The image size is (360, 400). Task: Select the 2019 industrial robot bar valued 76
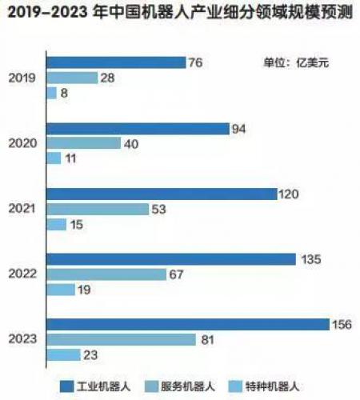click(115, 62)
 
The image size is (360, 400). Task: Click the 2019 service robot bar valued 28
click(72, 78)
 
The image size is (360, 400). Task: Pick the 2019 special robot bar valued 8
click(52, 93)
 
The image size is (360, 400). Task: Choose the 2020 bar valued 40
click(83, 143)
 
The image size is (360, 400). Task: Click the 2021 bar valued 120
click(161, 194)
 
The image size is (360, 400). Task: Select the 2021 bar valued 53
click(98, 209)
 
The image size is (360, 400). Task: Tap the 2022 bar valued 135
click(171, 258)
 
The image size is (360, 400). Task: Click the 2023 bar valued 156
click(189, 324)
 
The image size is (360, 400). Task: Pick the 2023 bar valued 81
click(121, 339)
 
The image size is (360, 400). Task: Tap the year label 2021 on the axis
click(22, 209)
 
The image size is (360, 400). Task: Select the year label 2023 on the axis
click(22, 339)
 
